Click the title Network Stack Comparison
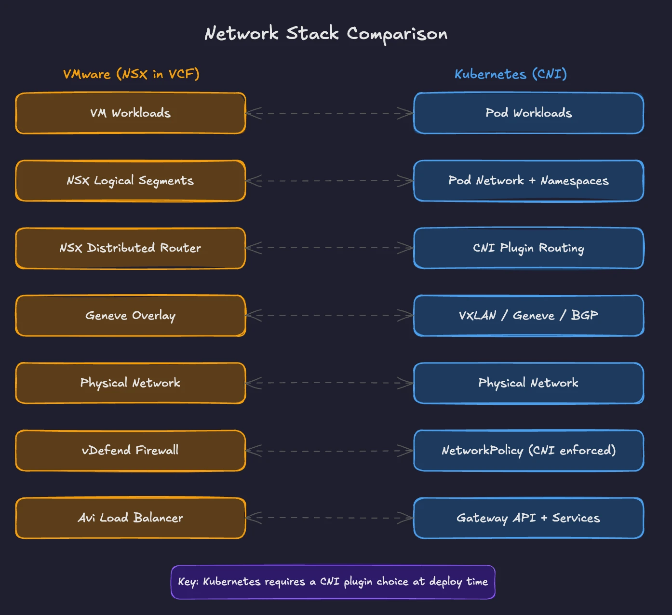click(x=326, y=34)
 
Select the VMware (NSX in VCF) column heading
click(x=131, y=74)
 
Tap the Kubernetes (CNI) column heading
click(x=511, y=74)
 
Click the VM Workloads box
click(x=131, y=113)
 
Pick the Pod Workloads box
click(x=529, y=113)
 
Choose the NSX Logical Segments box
click(x=131, y=181)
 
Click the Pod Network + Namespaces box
click(x=529, y=181)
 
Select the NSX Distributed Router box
click(x=131, y=248)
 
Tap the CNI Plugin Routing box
click(x=529, y=248)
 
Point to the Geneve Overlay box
click(x=131, y=316)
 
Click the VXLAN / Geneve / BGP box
click(x=529, y=316)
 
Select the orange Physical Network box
click(x=131, y=383)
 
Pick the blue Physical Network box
click(x=529, y=383)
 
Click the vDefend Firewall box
click(x=131, y=451)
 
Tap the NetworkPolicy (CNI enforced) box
click(x=529, y=451)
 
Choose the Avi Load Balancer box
click(x=131, y=518)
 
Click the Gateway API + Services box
click(x=529, y=518)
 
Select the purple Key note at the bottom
click(x=333, y=582)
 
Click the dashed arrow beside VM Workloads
click(x=330, y=114)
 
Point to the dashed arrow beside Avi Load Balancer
click(x=330, y=518)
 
